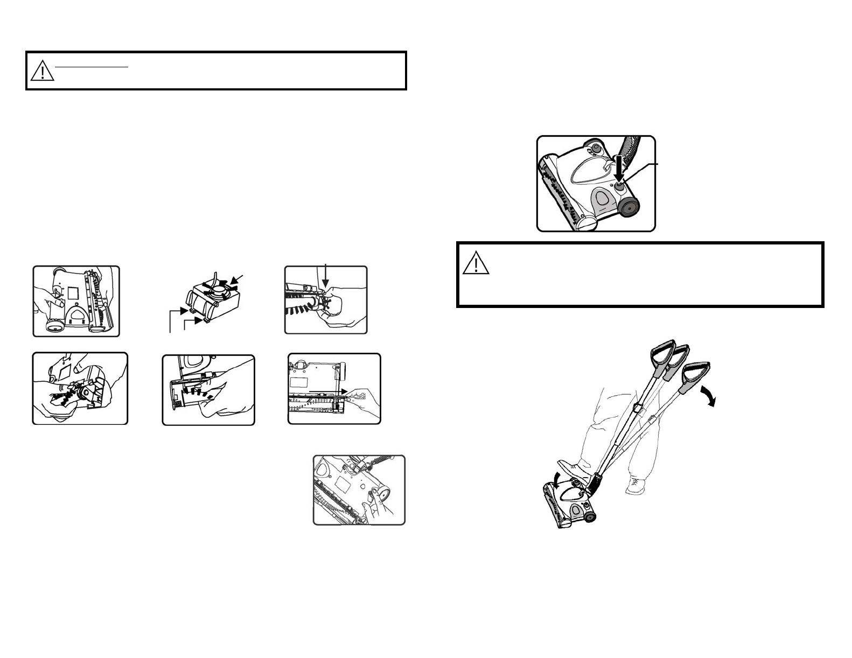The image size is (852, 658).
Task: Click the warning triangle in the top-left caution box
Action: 43,71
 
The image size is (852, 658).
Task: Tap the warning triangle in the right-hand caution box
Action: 476,264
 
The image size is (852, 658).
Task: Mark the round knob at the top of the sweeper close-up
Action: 596,148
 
